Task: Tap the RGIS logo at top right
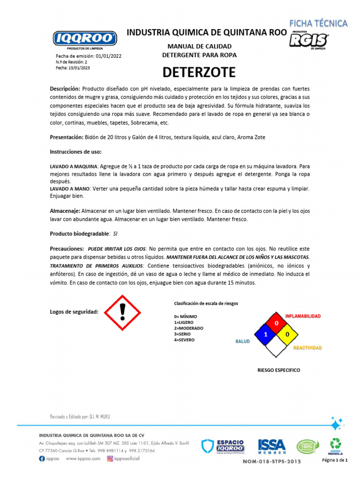pos(308,41)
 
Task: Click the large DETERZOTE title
pos(199,73)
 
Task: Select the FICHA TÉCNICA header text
pos(318,23)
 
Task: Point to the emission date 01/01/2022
pos(108,56)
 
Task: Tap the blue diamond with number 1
pos(265,335)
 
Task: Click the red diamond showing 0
pos(277,323)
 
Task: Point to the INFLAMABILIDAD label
pos(303,316)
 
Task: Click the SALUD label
pos(242,341)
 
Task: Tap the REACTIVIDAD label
pos(307,348)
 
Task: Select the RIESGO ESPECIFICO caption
pos(278,370)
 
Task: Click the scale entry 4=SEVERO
pos(184,339)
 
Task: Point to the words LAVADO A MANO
pos(71,188)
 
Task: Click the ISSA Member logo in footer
pos(272,446)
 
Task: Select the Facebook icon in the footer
pos(42,459)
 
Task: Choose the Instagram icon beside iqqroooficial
pos(111,459)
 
